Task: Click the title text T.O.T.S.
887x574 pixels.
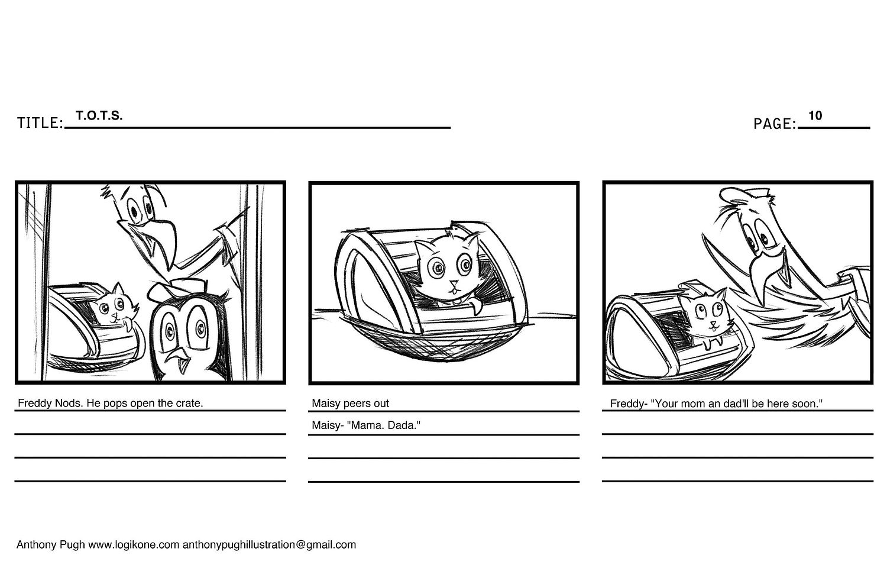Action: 99,115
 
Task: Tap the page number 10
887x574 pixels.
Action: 815,115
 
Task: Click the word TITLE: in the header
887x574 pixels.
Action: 40,123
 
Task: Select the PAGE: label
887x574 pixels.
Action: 775,124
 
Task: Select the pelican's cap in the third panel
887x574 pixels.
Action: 740,195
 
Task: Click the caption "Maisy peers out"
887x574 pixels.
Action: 350,404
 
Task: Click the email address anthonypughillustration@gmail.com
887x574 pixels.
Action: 269,545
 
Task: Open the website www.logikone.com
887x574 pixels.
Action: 134,545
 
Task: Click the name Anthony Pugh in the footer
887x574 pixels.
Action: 50,545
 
